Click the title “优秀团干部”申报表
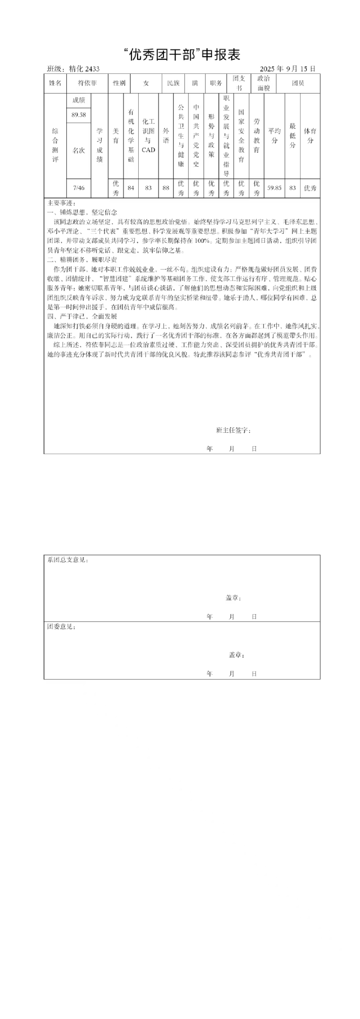[x=182, y=55]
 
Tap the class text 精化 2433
[x=84, y=69]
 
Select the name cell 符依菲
[x=87, y=83]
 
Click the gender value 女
[x=146, y=83]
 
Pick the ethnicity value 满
[x=195, y=83]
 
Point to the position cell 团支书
[x=239, y=83]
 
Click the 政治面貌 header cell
[x=264, y=83]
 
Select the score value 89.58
[x=78, y=115]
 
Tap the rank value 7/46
[x=78, y=188]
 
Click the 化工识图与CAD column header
[x=148, y=136]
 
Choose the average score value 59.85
[x=274, y=188]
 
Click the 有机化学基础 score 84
[x=131, y=188]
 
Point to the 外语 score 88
[x=166, y=188]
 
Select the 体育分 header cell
[x=310, y=136]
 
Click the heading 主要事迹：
[x=62, y=203]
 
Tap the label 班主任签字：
[x=234, y=430]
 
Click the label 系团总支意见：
[x=68, y=560]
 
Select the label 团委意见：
[x=62, y=627]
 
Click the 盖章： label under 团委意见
[x=237, y=655]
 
